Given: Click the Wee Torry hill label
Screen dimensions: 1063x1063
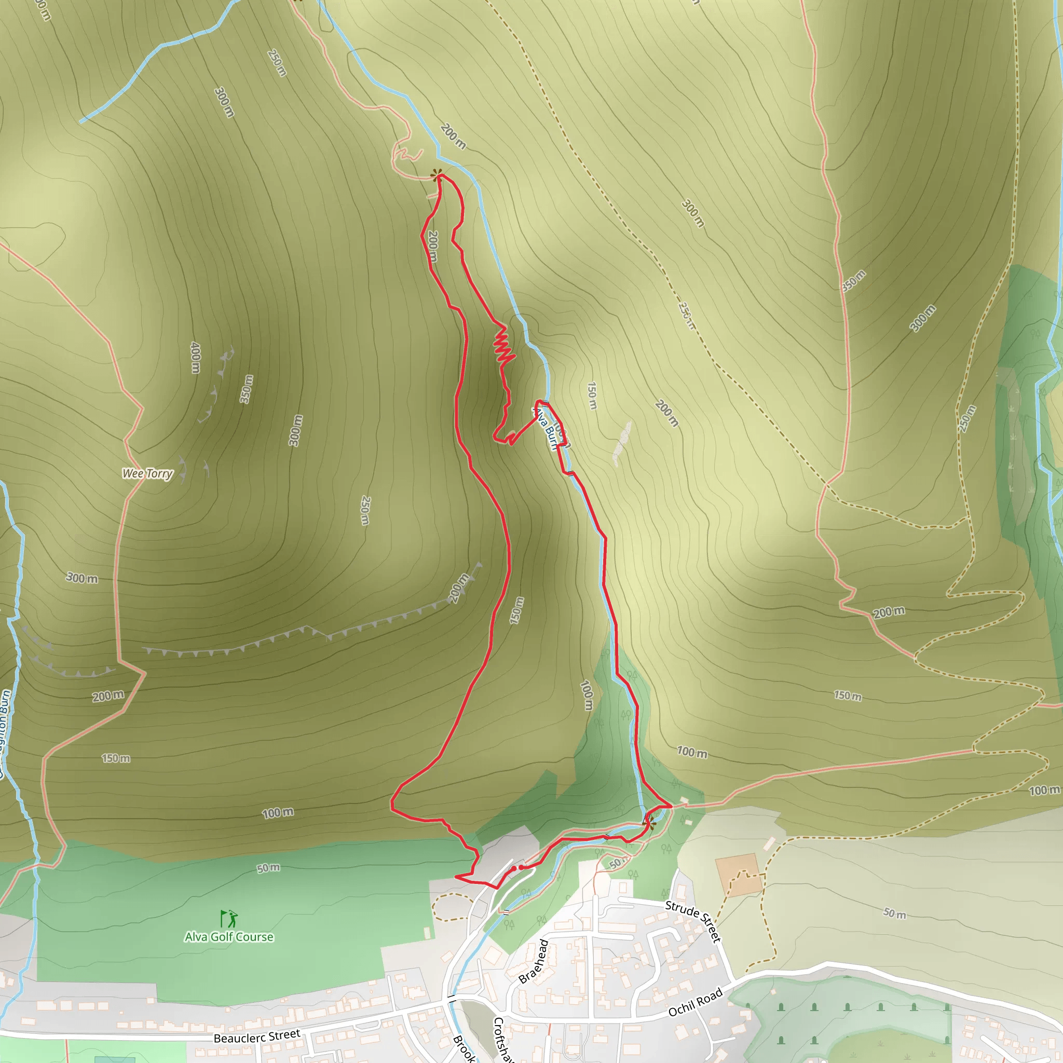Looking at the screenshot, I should [x=147, y=473].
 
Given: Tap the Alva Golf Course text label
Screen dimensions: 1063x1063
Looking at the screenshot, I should [x=229, y=936].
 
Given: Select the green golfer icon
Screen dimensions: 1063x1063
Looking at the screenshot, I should [x=229, y=919].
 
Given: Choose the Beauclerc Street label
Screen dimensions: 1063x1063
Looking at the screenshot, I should [x=257, y=1037].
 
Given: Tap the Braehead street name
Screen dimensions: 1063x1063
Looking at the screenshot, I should [x=534, y=961].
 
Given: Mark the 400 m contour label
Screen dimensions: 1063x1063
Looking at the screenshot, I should [x=195, y=358].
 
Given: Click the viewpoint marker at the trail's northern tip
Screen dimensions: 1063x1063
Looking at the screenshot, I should [x=437, y=175].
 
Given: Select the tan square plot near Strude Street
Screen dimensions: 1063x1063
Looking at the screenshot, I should [x=739, y=874].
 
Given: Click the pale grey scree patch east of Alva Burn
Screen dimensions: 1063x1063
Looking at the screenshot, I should [x=622, y=443].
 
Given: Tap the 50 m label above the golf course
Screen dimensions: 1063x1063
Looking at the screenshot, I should [x=268, y=868].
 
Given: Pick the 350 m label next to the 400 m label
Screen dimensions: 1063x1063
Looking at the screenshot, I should [x=247, y=389].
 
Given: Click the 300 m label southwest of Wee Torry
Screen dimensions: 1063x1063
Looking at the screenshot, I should [x=82, y=578].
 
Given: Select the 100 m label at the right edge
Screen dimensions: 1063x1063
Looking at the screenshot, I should [x=1044, y=791].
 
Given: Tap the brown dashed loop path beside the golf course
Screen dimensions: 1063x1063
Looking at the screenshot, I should [x=451, y=907].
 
